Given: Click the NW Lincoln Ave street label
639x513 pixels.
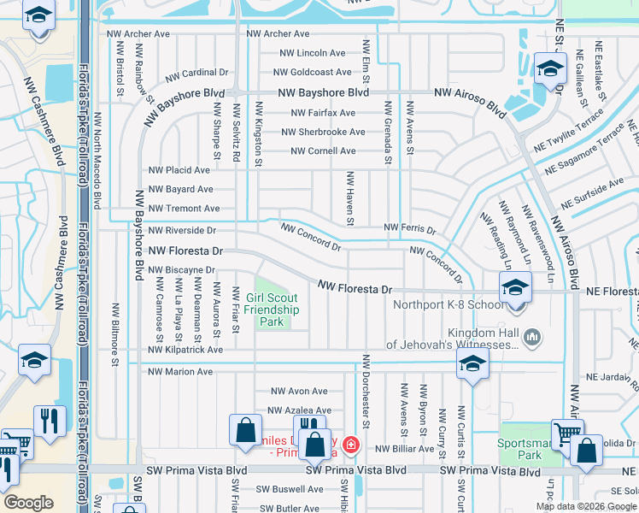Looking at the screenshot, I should [312, 53].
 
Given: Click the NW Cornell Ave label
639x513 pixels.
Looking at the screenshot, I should [323, 151].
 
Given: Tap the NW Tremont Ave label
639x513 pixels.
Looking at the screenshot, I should [184, 209].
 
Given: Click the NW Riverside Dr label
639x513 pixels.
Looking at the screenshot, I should [182, 231].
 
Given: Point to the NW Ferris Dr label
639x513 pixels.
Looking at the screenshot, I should [410, 228].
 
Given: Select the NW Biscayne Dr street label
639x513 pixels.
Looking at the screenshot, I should [182, 270].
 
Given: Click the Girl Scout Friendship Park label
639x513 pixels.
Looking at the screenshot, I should [273, 310].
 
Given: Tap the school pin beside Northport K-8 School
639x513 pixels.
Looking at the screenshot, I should [516, 287].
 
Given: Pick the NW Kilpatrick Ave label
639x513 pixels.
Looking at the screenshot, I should [185, 350].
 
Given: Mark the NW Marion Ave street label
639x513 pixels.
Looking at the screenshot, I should [180, 372].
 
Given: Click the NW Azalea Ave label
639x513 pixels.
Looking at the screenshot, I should [300, 411].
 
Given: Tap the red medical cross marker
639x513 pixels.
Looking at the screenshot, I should [350, 445].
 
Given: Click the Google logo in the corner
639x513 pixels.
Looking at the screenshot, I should [29, 503].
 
